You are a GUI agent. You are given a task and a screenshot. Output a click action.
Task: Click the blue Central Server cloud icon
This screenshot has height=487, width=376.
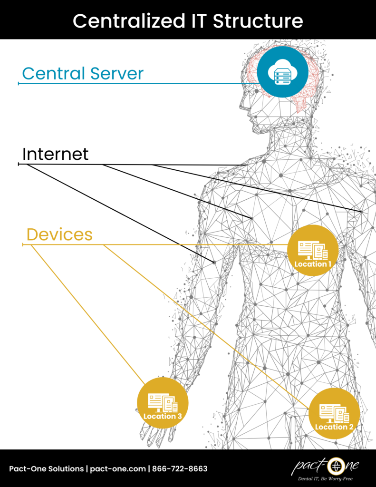pyautogui.click(x=282, y=72)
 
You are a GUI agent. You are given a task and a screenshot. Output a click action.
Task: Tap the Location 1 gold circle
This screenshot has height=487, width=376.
pyautogui.click(x=313, y=250)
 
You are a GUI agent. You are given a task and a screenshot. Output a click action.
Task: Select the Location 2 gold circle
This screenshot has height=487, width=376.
pyautogui.click(x=334, y=413)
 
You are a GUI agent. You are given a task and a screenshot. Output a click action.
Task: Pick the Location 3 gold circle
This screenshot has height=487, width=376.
pyautogui.click(x=163, y=403)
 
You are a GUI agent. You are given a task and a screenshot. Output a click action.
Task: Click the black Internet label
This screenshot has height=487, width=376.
pyautogui.click(x=55, y=154)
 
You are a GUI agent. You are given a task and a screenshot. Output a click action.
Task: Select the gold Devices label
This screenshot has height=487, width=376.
pyautogui.click(x=59, y=234)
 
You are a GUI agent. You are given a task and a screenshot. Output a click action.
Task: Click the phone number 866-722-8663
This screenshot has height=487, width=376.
pyautogui.click(x=180, y=469)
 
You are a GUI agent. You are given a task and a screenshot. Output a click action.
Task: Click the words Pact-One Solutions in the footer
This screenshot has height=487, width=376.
pyautogui.click(x=46, y=469)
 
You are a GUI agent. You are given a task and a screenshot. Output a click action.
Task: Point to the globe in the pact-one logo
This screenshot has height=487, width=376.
pyautogui.click(x=336, y=465)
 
